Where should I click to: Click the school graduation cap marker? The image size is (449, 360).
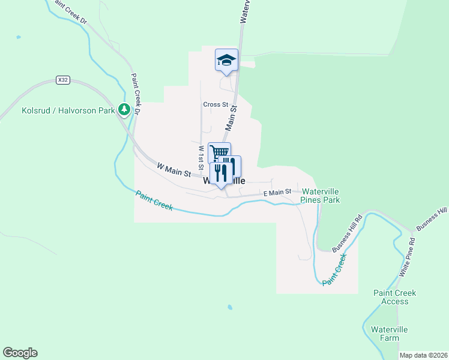click(x=226, y=59)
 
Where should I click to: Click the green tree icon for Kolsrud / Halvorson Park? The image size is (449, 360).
click(x=124, y=109)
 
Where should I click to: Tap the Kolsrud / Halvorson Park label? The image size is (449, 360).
click(x=68, y=110)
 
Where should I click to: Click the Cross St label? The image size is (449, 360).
click(x=215, y=104)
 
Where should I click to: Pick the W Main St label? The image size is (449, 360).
click(x=173, y=170)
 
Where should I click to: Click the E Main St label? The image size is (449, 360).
click(x=277, y=192)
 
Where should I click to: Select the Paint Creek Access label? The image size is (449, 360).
click(x=394, y=297)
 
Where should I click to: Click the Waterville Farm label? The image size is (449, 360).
click(x=389, y=334)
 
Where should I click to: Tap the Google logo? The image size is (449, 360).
click(x=20, y=353)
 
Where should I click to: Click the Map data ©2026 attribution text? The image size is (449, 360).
click(x=423, y=355)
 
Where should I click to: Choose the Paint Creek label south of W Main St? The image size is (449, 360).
click(x=154, y=200)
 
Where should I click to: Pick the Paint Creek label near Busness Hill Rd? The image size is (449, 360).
click(x=334, y=269)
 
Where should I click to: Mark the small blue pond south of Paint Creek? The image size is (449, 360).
click(x=229, y=308)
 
